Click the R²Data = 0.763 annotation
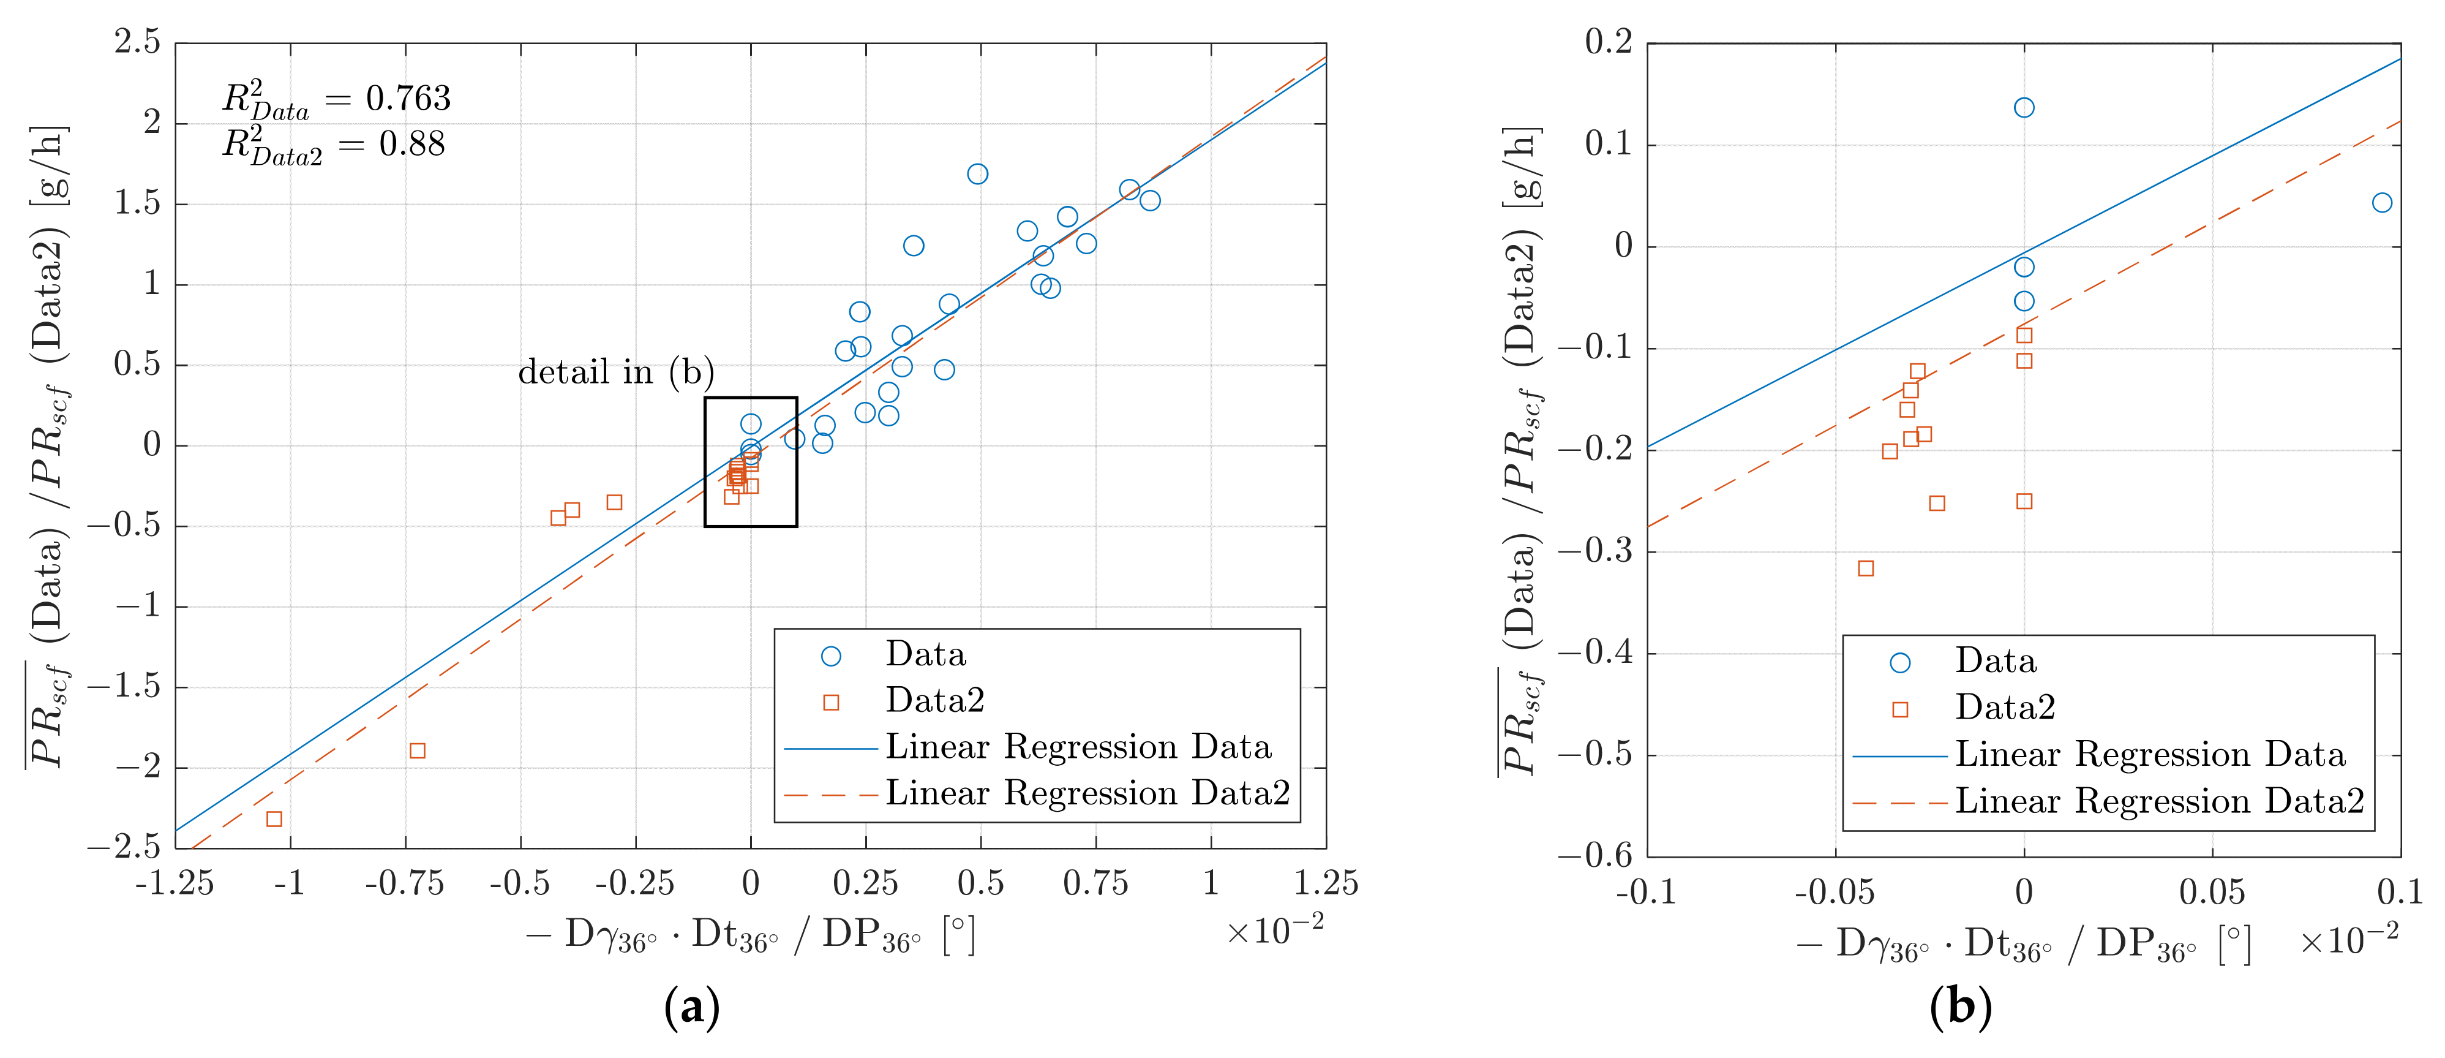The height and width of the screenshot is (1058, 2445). (x=336, y=99)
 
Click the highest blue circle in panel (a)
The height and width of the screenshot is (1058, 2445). (x=978, y=174)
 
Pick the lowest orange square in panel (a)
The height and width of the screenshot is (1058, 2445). (x=274, y=818)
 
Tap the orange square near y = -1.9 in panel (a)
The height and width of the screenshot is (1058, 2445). (x=416, y=750)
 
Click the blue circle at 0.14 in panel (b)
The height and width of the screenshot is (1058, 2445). (x=2024, y=107)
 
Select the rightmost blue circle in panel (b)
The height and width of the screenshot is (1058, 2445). (x=2381, y=202)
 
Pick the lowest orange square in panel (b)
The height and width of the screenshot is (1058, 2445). (x=1865, y=568)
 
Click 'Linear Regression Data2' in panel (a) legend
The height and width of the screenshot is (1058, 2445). (x=1087, y=793)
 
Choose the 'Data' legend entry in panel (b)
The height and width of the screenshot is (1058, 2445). (x=1995, y=661)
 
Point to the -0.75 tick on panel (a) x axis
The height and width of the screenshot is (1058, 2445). (x=405, y=884)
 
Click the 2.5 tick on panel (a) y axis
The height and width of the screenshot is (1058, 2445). (x=138, y=43)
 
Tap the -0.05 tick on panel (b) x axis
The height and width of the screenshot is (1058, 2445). (x=1834, y=893)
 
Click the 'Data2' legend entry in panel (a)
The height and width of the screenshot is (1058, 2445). (x=935, y=701)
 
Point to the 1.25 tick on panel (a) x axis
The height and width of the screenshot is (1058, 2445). (x=1326, y=884)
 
